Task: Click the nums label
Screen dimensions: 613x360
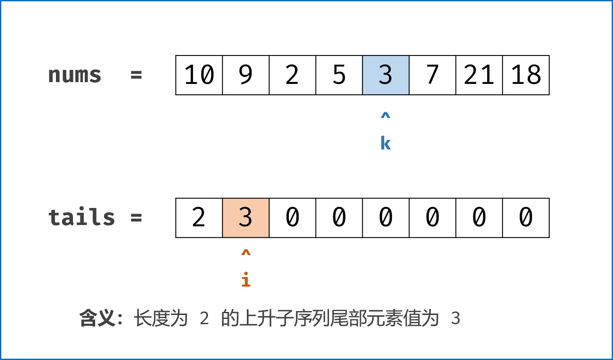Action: click(74, 75)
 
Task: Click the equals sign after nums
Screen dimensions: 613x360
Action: click(136, 75)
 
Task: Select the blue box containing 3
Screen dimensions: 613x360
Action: click(385, 75)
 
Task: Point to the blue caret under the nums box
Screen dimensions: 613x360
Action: click(385, 116)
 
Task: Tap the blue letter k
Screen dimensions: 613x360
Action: click(385, 143)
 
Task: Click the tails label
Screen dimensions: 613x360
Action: click(81, 217)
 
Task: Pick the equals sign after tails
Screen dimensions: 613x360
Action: click(136, 217)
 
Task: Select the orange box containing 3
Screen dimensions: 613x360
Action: click(246, 218)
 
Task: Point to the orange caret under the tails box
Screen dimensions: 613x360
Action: click(246, 253)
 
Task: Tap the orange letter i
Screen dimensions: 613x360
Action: click(246, 280)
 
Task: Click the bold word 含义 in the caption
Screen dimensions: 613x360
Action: click(97, 318)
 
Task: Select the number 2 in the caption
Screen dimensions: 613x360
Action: click(204, 319)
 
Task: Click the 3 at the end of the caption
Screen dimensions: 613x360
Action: click(456, 319)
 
